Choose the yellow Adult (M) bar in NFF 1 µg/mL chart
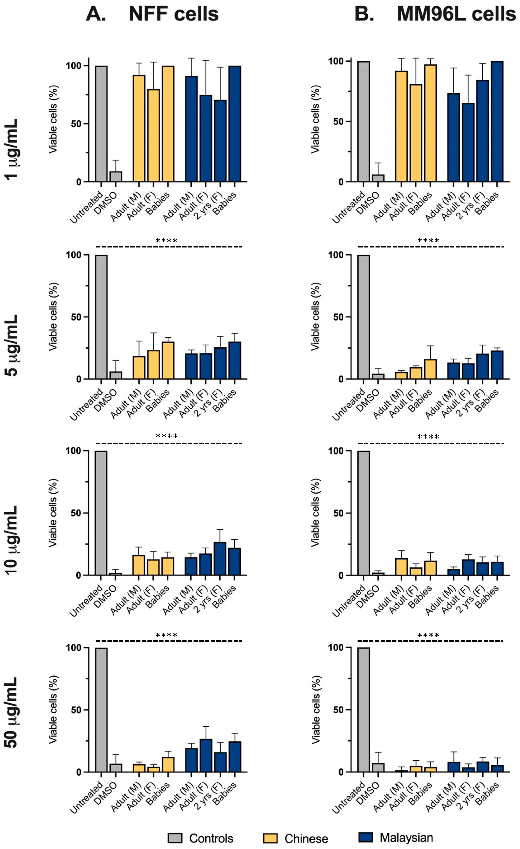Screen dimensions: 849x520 pyautogui.click(x=139, y=128)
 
